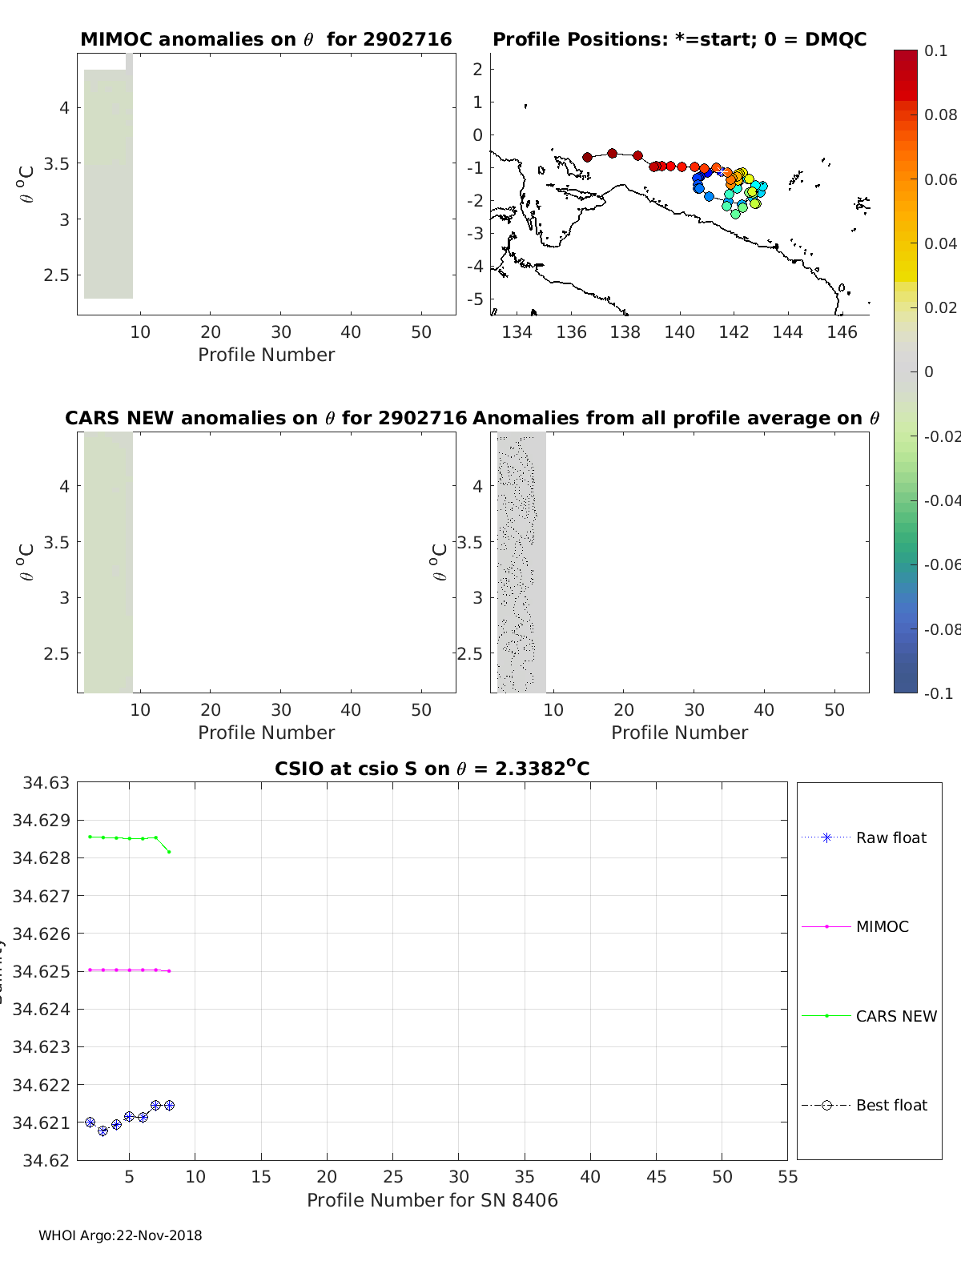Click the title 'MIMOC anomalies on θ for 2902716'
coord(266,39)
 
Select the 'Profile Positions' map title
coord(679,39)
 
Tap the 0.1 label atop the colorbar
coord(935,50)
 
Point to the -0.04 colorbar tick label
coord(941,500)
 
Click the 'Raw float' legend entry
coord(891,837)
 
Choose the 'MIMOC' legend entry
coord(882,926)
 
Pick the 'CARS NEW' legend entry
coord(895,1016)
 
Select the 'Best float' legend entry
coord(891,1105)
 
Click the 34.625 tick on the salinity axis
coord(41,971)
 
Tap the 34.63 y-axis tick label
coord(46,782)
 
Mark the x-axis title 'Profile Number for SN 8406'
coord(432,1199)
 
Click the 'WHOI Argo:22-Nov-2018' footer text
coord(120,1235)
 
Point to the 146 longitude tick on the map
coord(842,331)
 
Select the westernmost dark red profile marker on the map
coord(587,157)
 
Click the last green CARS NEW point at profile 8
coord(169,851)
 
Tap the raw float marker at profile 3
coord(103,1130)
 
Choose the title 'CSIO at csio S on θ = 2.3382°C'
coord(432,769)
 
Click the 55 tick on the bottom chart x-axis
coord(787,1176)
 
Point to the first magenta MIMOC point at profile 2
coord(90,970)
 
